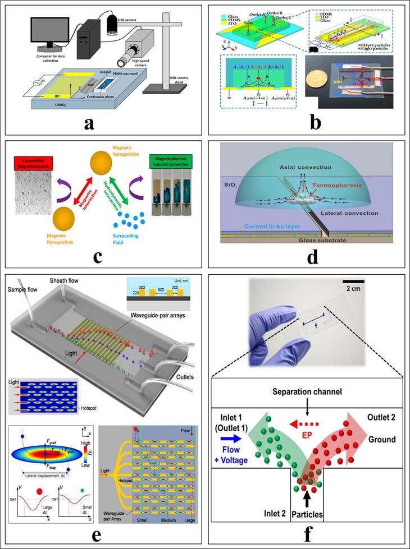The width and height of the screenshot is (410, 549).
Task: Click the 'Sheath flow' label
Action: pos(67,280)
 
